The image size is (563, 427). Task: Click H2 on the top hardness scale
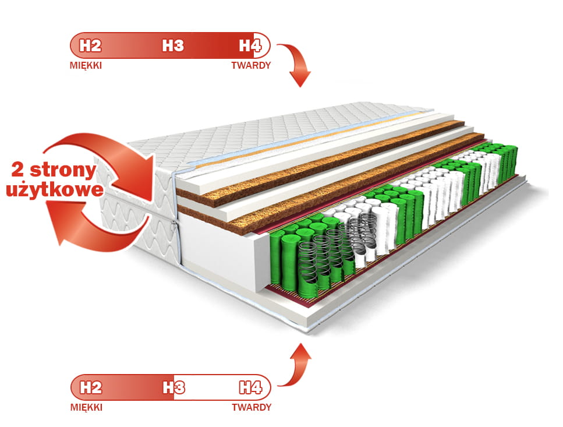click(90, 45)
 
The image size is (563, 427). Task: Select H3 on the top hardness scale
click(173, 45)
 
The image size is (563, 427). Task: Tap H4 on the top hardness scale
click(254, 45)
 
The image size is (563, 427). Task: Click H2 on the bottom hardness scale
click(90, 387)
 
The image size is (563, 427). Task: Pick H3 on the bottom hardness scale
click(173, 387)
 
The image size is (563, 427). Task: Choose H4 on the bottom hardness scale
click(254, 387)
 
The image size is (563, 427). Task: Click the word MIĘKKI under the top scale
click(86, 65)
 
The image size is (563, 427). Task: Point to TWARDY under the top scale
click(251, 65)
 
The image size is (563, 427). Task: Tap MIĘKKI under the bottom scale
click(86, 407)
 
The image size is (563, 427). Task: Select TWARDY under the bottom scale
click(251, 407)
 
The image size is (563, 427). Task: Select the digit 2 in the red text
click(20, 171)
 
